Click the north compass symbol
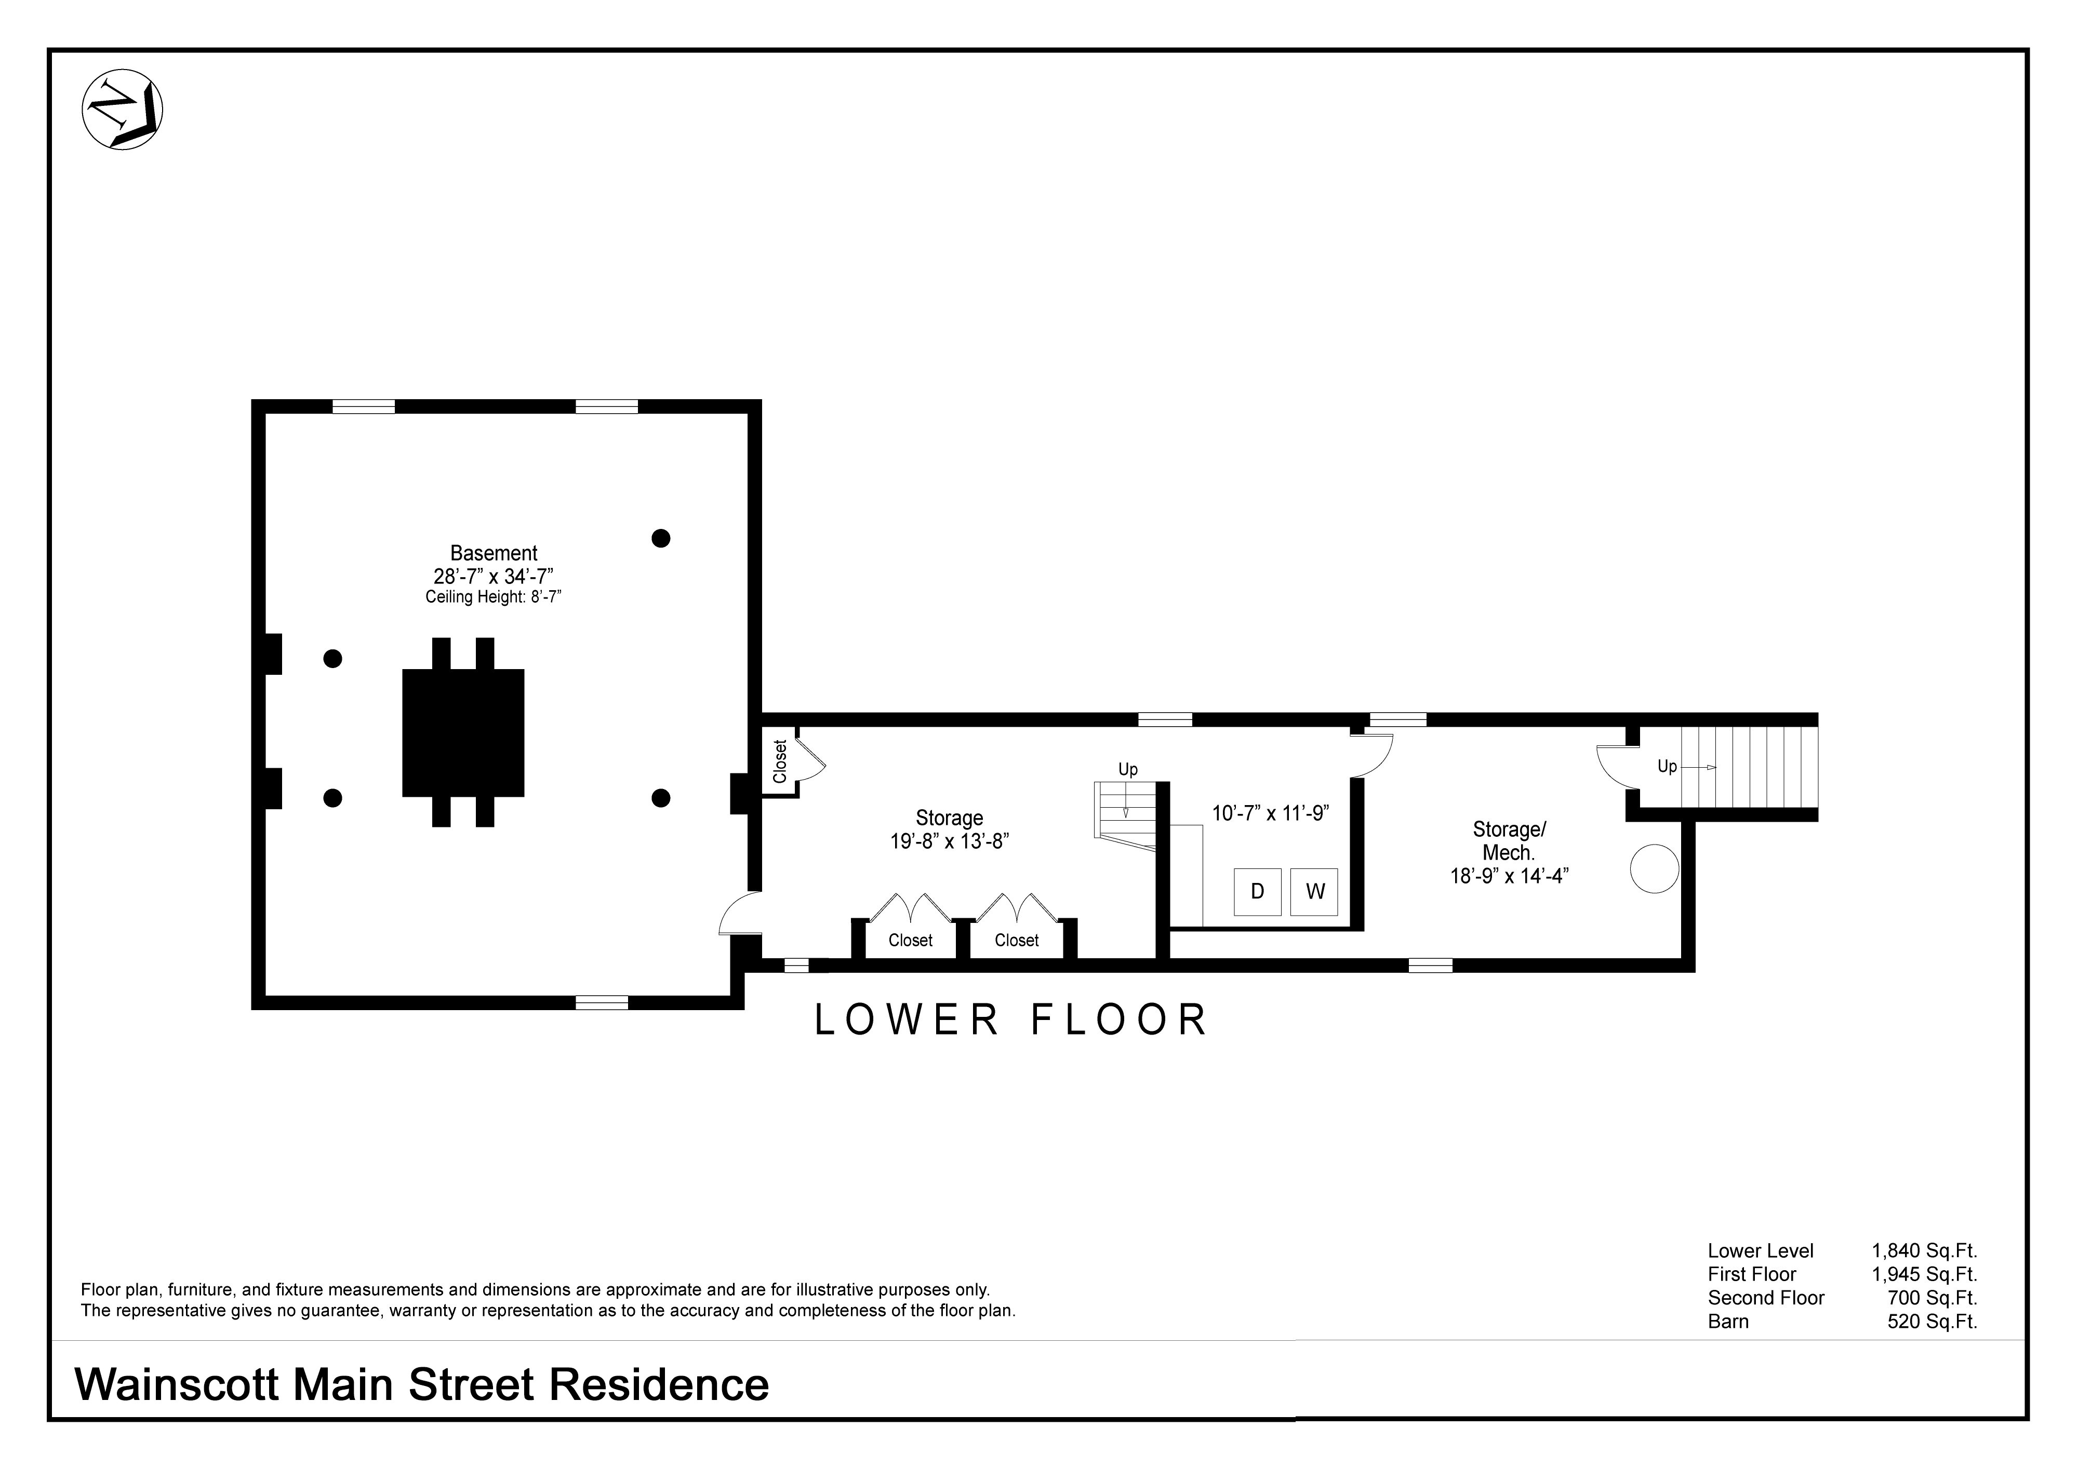point(122,110)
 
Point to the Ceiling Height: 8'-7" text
point(494,597)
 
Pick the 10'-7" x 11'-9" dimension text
point(1271,813)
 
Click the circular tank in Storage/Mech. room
point(1655,868)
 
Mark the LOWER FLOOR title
point(1011,1021)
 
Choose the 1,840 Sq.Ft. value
point(1924,1251)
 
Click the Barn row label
point(1728,1322)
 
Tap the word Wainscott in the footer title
point(177,1385)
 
